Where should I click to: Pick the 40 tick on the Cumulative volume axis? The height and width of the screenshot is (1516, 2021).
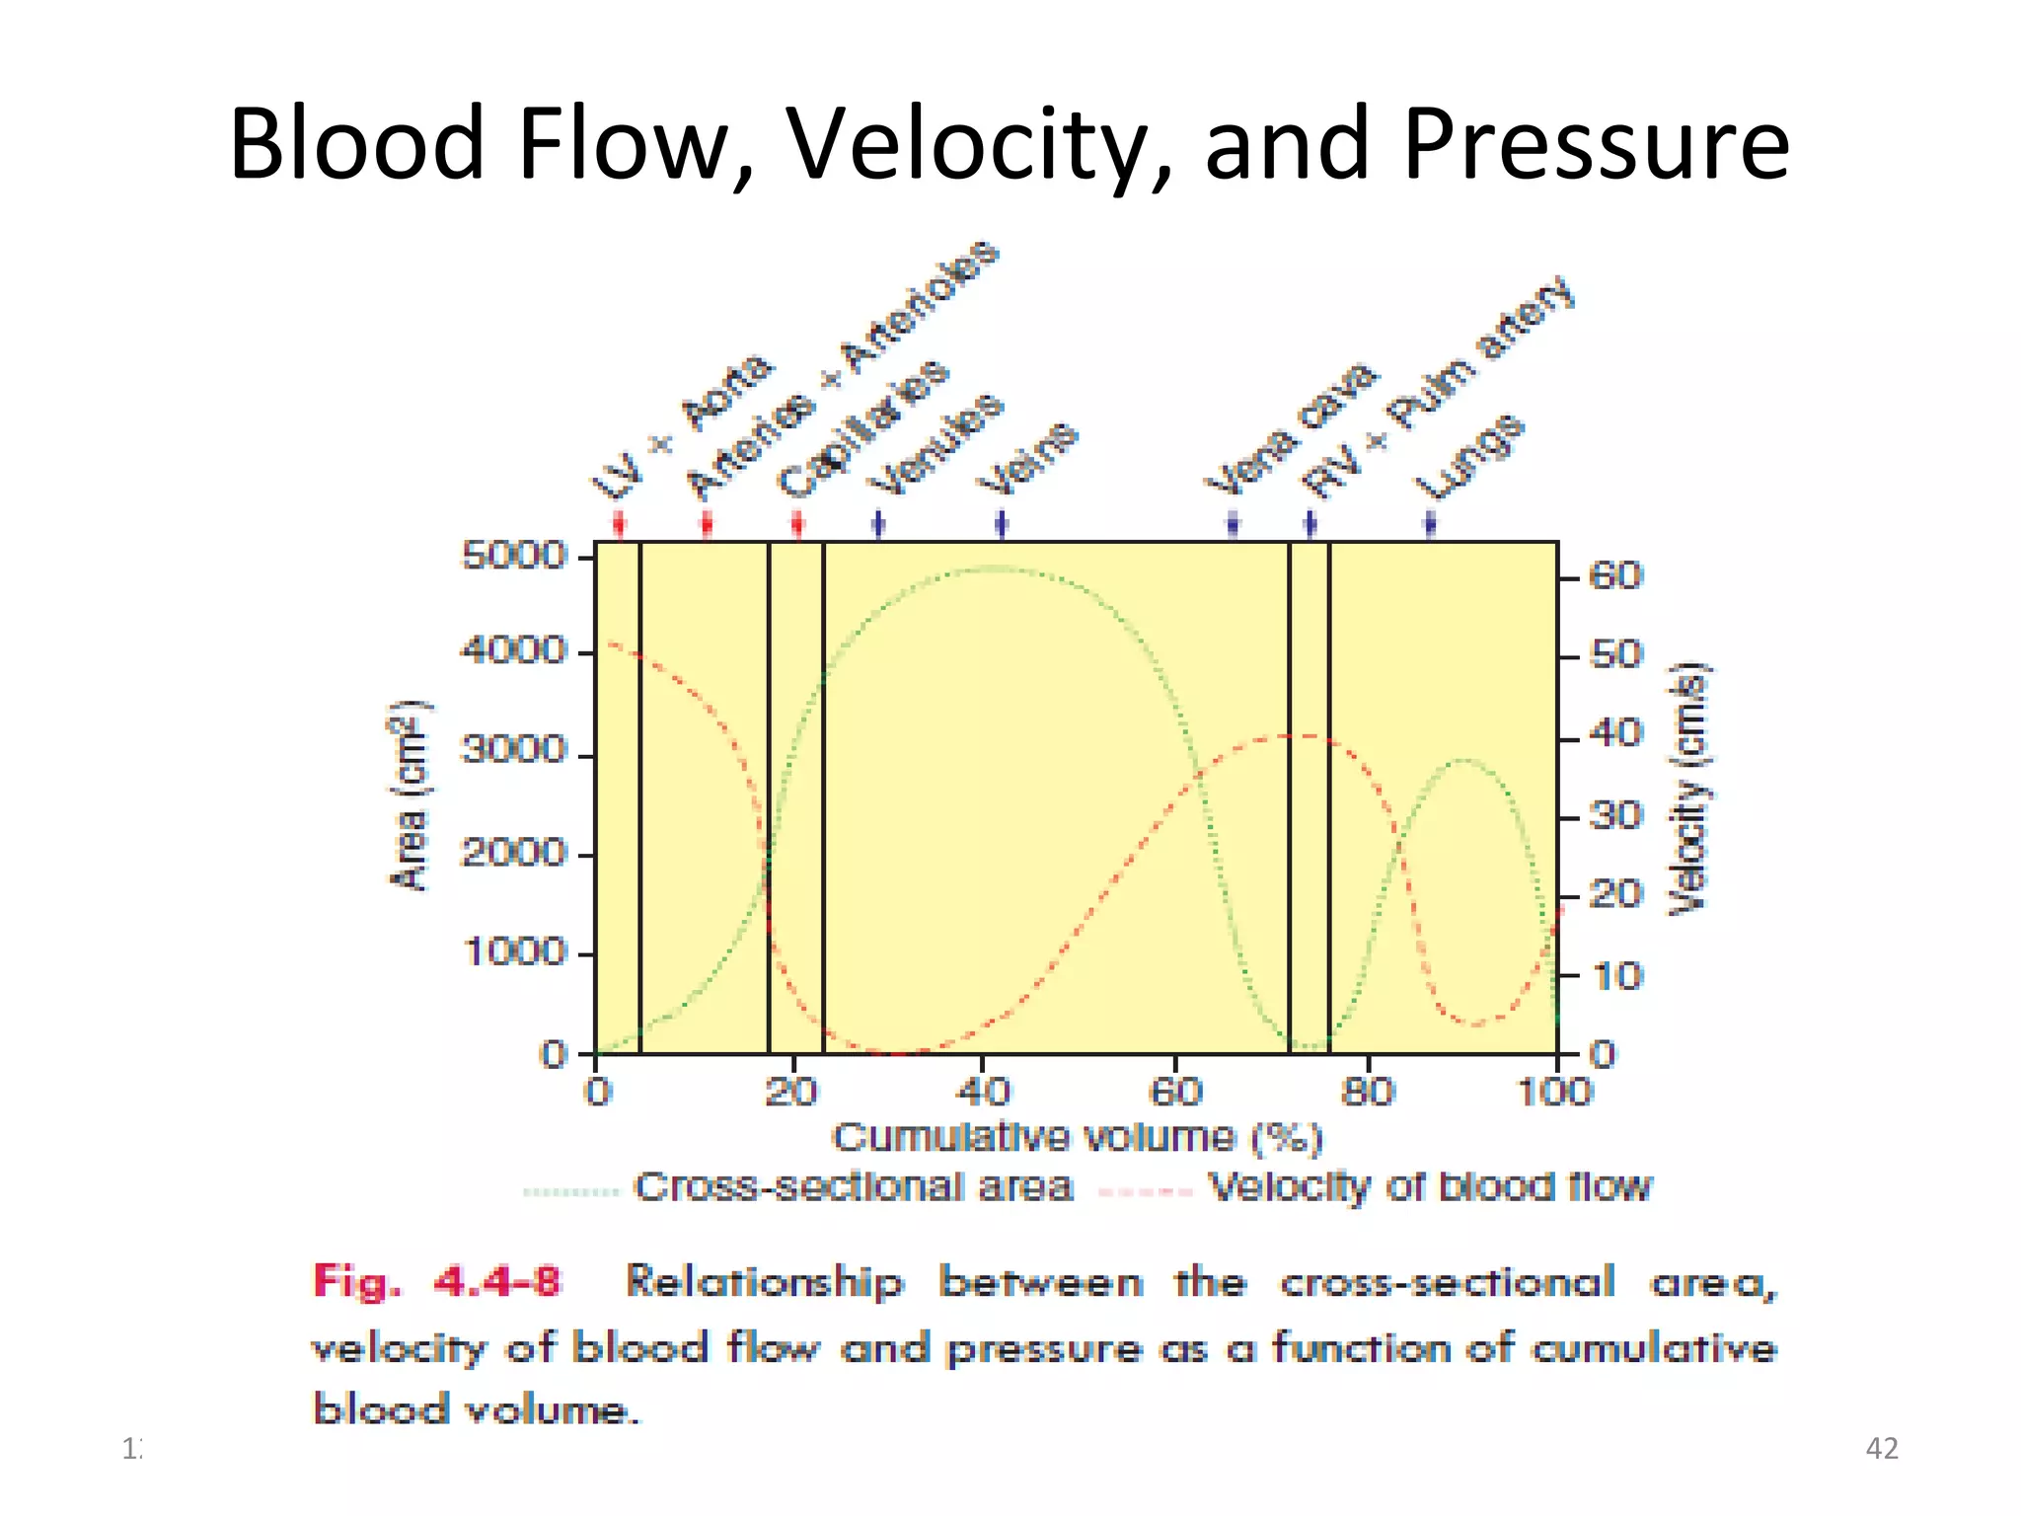point(983,1092)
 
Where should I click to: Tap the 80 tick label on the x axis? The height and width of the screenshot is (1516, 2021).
point(1368,1092)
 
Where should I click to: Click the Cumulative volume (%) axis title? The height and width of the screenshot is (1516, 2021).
point(1078,1138)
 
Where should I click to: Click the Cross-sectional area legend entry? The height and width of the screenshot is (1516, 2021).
point(853,1187)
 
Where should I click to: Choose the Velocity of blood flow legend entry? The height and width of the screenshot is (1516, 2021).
point(1430,1187)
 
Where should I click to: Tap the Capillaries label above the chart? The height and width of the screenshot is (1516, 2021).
point(863,429)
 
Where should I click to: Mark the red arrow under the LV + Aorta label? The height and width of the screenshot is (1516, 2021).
point(619,523)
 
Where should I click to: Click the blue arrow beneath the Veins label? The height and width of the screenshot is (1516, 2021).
point(1002,523)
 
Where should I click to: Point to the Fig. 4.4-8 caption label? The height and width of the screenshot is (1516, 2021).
point(436,1282)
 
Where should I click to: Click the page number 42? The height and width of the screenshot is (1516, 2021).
point(1882,1448)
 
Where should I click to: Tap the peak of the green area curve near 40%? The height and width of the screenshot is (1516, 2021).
point(997,568)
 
